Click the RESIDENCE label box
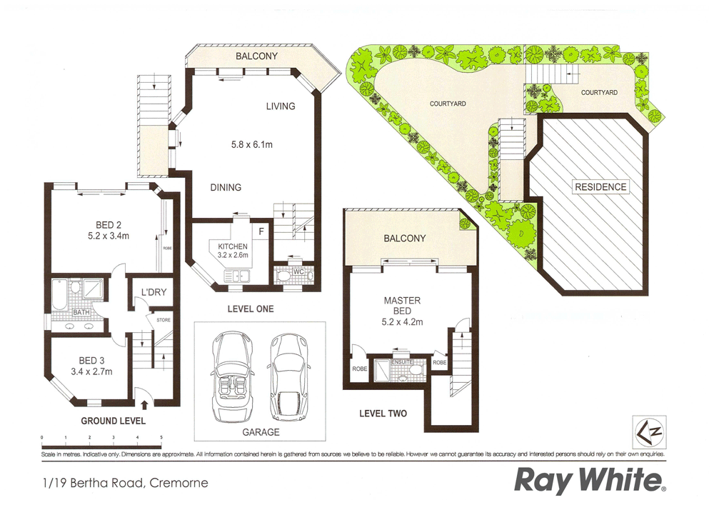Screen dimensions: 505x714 [x=600, y=187]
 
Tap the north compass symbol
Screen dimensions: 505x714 [x=648, y=431]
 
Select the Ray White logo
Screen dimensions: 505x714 [x=590, y=481]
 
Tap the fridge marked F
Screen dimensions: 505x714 [x=261, y=231]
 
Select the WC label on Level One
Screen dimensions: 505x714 [x=299, y=271]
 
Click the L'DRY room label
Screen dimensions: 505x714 [x=153, y=293]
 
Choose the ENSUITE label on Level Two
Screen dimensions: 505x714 [x=403, y=362]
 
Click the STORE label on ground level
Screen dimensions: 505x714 [x=164, y=320]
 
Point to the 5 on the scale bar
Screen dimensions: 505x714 [x=161, y=436]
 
